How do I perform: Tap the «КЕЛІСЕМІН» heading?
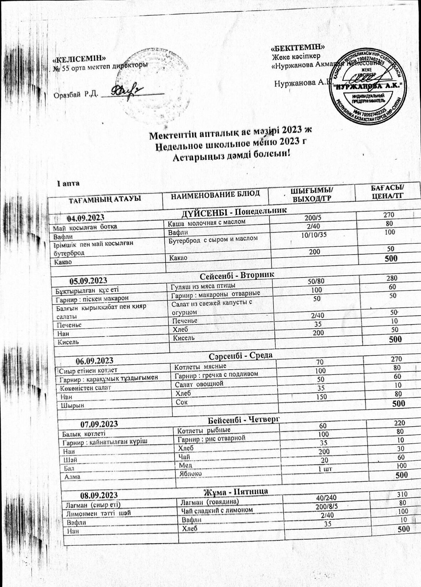pyautogui.click(x=79, y=58)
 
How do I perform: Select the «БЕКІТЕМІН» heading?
pyautogui.click(x=297, y=47)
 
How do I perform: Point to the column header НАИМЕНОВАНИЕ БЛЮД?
pyautogui.click(x=215, y=194)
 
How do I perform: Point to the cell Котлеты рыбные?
pyautogui.click(x=204, y=430)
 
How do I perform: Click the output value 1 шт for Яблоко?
pyautogui.click(x=325, y=469)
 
